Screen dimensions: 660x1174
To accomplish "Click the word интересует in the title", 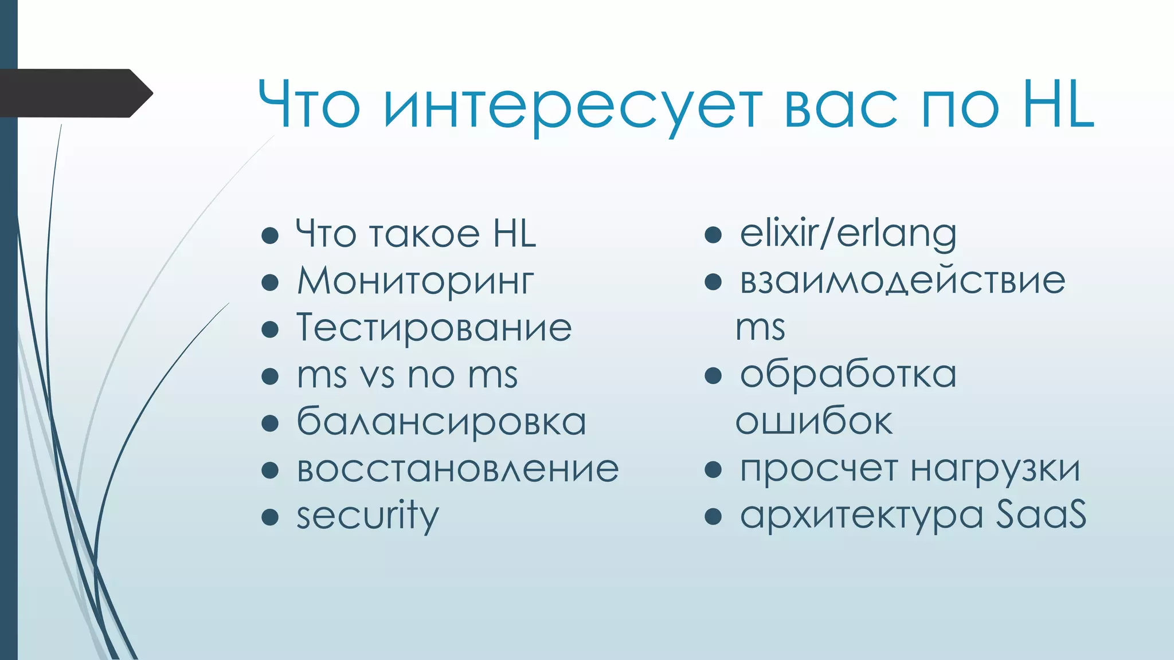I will [x=573, y=106].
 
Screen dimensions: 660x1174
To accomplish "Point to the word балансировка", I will [x=441, y=422].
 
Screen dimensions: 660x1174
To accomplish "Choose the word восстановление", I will [x=457, y=469].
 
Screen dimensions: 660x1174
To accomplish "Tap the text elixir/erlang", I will [x=848, y=234].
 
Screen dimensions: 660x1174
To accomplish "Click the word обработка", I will [x=848, y=375].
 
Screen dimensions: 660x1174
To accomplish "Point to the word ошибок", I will [x=813, y=422].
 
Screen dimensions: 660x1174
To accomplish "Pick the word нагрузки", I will [x=995, y=469].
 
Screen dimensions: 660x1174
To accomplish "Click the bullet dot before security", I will [x=269, y=517].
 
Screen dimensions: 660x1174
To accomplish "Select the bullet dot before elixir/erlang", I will [x=713, y=234].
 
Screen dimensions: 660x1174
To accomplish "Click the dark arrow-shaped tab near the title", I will [x=75, y=93].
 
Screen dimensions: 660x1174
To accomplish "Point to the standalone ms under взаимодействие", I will [x=760, y=328].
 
